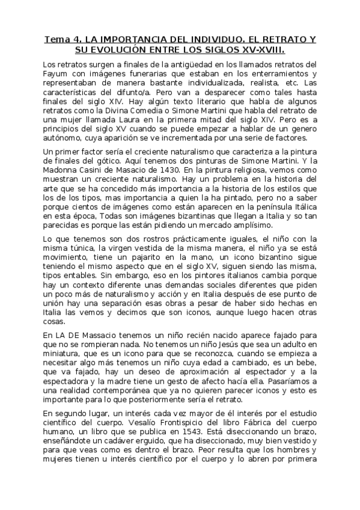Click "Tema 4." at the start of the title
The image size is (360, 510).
pos(58,39)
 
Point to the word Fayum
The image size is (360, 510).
pos(58,74)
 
